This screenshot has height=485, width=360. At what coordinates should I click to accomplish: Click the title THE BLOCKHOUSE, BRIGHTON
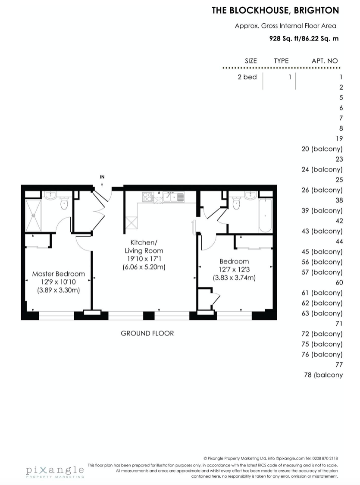(x=275, y=10)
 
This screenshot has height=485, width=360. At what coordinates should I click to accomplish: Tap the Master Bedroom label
(x=59, y=274)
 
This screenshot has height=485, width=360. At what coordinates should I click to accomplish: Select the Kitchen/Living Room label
(x=144, y=247)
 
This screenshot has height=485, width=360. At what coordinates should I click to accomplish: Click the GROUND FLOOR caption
(x=147, y=333)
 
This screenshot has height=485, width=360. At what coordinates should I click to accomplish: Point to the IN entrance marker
(x=102, y=177)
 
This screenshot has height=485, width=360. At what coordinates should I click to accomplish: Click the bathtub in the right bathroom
(x=265, y=215)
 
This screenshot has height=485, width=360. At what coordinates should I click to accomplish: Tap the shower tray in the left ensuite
(x=33, y=216)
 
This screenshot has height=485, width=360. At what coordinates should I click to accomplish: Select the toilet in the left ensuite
(x=64, y=203)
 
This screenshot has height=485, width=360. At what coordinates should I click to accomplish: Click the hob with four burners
(x=148, y=197)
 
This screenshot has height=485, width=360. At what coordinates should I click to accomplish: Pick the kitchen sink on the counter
(x=174, y=197)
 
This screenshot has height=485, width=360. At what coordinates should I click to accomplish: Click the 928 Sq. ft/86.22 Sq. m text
(x=304, y=39)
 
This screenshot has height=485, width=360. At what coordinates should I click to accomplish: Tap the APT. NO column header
(x=325, y=61)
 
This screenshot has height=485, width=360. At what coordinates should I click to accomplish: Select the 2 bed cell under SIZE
(x=247, y=77)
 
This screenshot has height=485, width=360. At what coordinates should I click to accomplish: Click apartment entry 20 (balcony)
(x=322, y=149)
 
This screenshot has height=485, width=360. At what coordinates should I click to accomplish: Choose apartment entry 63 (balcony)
(x=322, y=313)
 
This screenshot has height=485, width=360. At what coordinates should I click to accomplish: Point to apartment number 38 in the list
(x=339, y=200)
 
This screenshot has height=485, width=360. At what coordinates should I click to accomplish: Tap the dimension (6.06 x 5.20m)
(x=144, y=267)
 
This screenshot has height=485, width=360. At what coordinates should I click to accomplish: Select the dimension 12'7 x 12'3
(x=234, y=269)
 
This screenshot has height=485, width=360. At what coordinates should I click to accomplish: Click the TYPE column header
(x=281, y=61)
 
